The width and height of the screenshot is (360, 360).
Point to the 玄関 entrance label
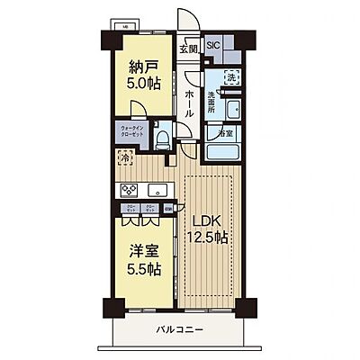[187, 49]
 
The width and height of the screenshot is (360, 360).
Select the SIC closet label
[213, 45]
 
